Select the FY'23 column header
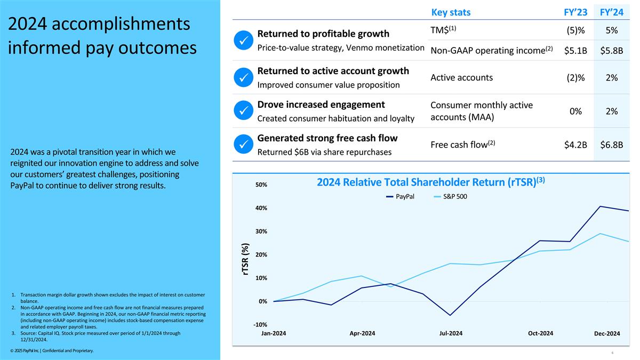(x=575, y=12)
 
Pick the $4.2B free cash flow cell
(x=575, y=145)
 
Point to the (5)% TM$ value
(x=575, y=30)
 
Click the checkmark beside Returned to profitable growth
(x=243, y=40)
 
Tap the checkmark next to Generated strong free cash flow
(x=243, y=145)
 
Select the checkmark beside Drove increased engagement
(x=243, y=111)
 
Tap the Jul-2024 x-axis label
(x=451, y=333)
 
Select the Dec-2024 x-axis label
(x=607, y=334)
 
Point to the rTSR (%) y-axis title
(x=245, y=260)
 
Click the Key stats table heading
(x=450, y=12)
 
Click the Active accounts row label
(x=461, y=77)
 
